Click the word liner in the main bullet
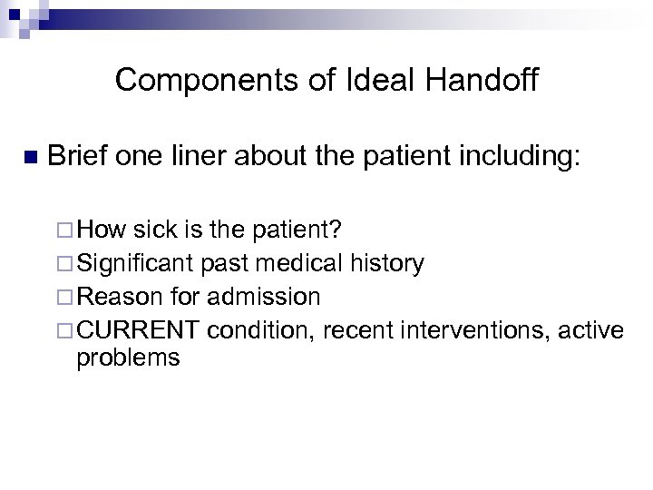(x=206, y=156)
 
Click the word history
(x=386, y=264)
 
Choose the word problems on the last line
(x=128, y=358)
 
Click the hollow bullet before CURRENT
(x=69, y=329)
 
